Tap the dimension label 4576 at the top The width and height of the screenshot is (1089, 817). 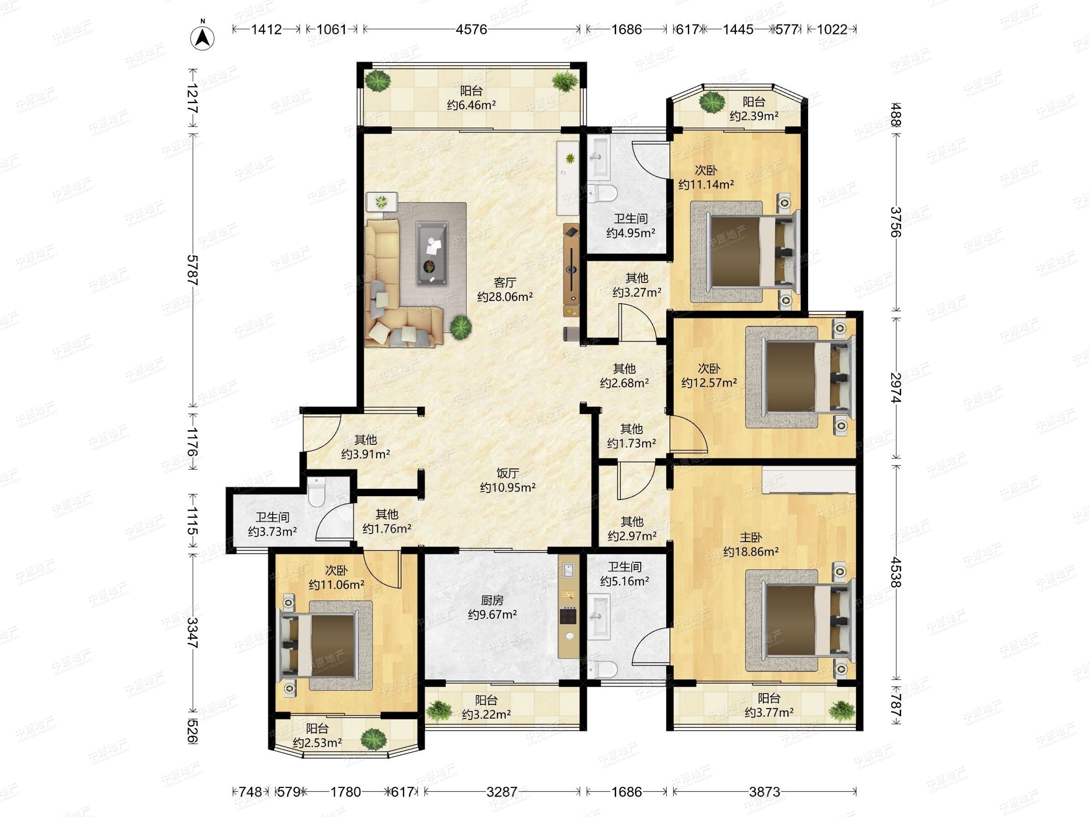click(x=471, y=30)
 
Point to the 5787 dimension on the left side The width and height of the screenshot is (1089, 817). click(x=192, y=271)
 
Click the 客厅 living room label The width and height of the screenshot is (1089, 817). click(x=505, y=283)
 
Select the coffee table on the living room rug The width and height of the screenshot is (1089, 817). click(x=432, y=253)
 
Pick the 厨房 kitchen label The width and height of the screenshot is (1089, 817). click(x=492, y=600)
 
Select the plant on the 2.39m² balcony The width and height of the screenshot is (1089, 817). click(x=712, y=103)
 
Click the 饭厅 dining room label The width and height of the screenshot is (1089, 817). click(x=508, y=473)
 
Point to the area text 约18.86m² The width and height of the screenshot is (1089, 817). click(x=751, y=551)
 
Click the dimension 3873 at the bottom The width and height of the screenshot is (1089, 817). click(x=764, y=792)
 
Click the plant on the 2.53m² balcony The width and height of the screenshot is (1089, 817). click(x=373, y=738)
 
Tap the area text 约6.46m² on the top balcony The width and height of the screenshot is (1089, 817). click(x=471, y=105)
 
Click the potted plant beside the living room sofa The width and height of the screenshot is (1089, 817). click(x=461, y=326)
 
